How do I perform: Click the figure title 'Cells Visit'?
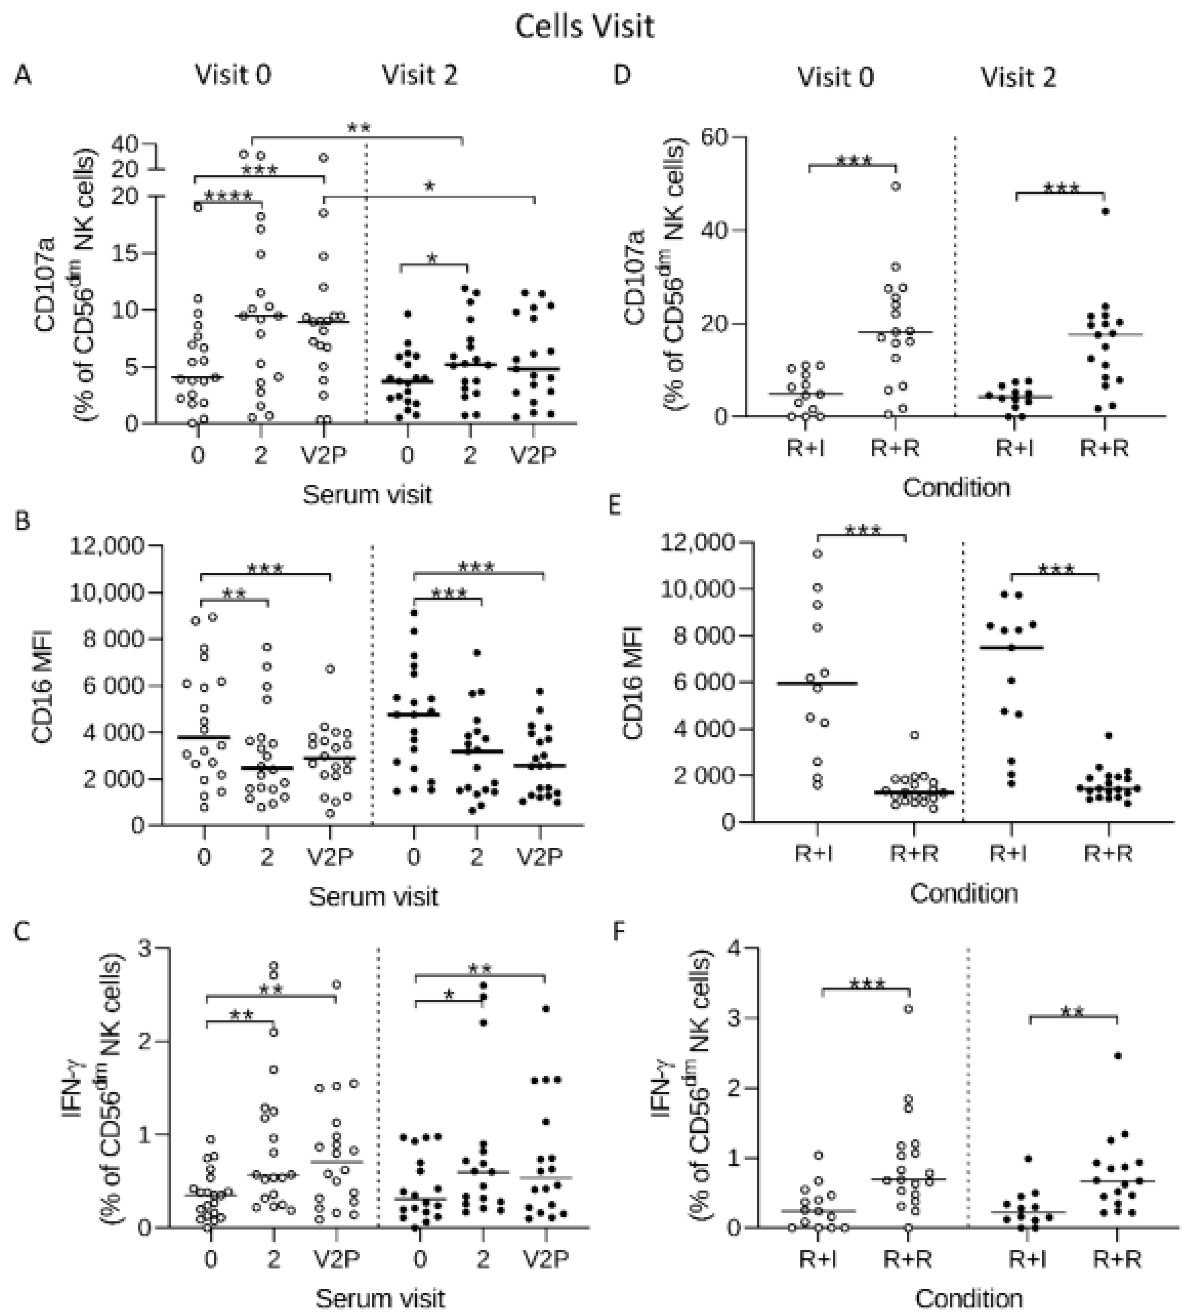click(584, 27)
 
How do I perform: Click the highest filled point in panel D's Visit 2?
click(1105, 211)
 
